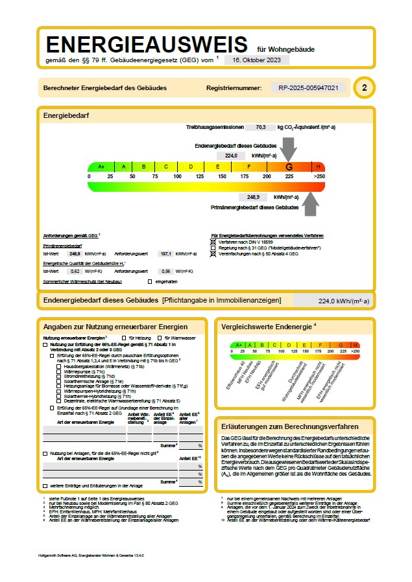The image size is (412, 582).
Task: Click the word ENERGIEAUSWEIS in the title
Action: click(x=147, y=45)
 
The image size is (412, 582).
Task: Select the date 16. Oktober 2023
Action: click(x=256, y=60)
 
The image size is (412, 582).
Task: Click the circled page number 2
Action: click(x=365, y=87)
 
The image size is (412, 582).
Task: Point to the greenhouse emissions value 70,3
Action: click(x=261, y=128)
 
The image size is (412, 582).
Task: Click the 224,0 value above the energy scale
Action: click(x=231, y=156)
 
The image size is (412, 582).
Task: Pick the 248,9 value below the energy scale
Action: click(x=252, y=196)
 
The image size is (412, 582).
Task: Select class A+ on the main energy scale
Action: click(x=101, y=167)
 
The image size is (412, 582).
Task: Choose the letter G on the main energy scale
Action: click(x=289, y=167)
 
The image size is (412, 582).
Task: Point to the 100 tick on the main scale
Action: click(x=177, y=176)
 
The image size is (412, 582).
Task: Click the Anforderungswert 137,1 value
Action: click(x=165, y=254)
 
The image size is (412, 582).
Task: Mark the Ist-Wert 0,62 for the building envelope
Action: click(x=75, y=271)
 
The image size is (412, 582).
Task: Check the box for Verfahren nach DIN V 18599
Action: click(x=214, y=241)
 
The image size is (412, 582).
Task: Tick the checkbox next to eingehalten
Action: click(x=150, y=281)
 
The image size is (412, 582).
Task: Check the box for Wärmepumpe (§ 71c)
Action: click(x=59, y=371)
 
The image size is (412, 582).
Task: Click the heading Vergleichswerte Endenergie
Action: click(x=267, y=327)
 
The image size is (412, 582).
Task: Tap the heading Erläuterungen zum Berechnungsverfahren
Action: click(x=289, y=426)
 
